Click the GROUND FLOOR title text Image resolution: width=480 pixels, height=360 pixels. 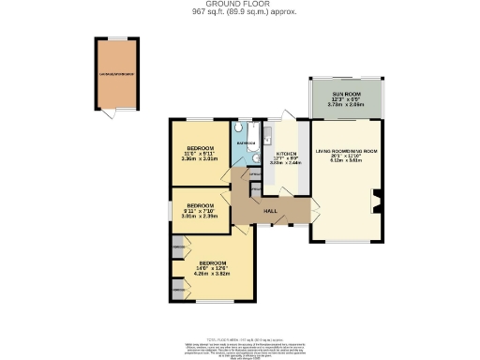pyautogui.click(x=239, y=5)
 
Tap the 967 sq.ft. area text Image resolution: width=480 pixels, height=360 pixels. pyautogui.click(x=239, y=13)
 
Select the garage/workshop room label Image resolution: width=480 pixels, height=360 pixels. pyautogui.click(x=117, y=73)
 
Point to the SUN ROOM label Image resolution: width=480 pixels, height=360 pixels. pyautogui.click(x=346, y=96)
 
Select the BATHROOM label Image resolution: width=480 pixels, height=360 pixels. pyautogui.click(x=246, y=142)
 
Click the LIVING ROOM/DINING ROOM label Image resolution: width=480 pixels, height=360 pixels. pyautogui.click(x=346, y=151)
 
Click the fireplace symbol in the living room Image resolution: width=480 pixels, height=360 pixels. pyautogui.click(x=375, y=199)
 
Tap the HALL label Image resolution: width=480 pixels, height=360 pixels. pyautogui.click(x=269, y=212)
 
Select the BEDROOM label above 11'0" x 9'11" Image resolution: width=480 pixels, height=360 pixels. pyautogui.click(x=200, y=149)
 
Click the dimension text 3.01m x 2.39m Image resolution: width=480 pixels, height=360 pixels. pyautogui.click(x=200, y=216)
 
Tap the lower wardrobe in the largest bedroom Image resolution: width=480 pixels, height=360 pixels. pyautogui.click(x=178, y=292)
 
